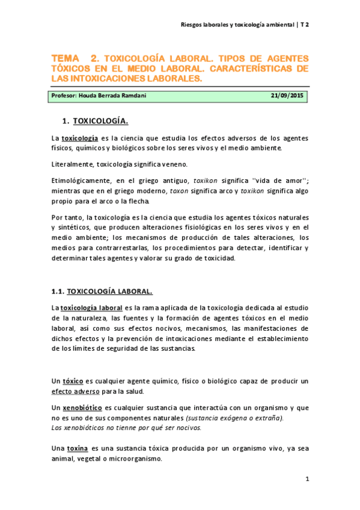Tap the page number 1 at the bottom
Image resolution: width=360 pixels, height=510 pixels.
[x=307, y=479]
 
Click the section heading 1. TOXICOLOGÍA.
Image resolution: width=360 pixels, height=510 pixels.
[x=100, y=121]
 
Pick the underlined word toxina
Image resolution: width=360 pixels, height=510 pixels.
[x=77, y=448]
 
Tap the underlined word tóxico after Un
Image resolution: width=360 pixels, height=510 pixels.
[x=72, y=381]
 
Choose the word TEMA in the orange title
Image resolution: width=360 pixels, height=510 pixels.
[x=65, y=58]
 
